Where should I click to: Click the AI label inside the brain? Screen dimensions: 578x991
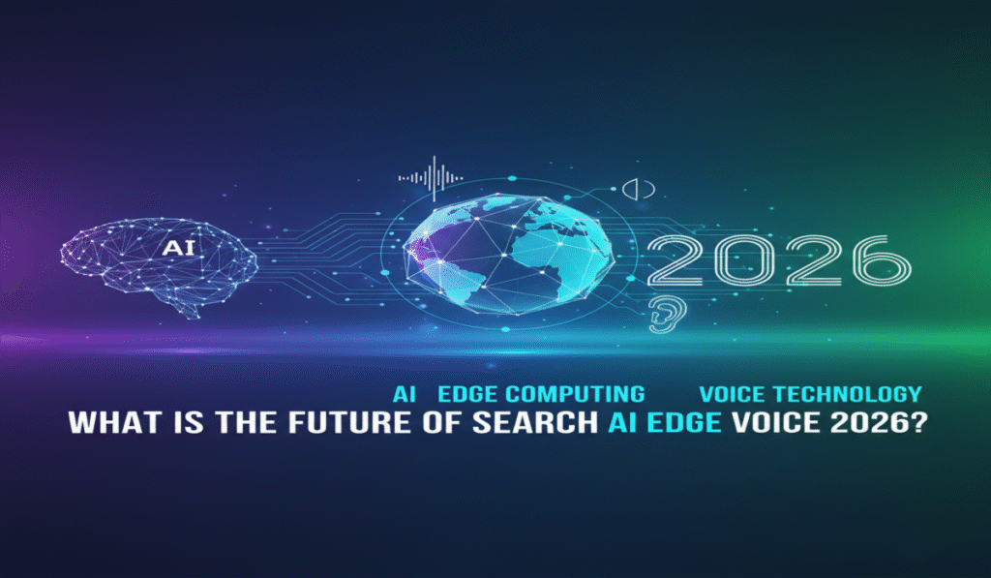177,248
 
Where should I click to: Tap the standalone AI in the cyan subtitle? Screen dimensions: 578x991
404,394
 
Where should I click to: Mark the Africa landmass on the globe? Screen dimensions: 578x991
542,247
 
